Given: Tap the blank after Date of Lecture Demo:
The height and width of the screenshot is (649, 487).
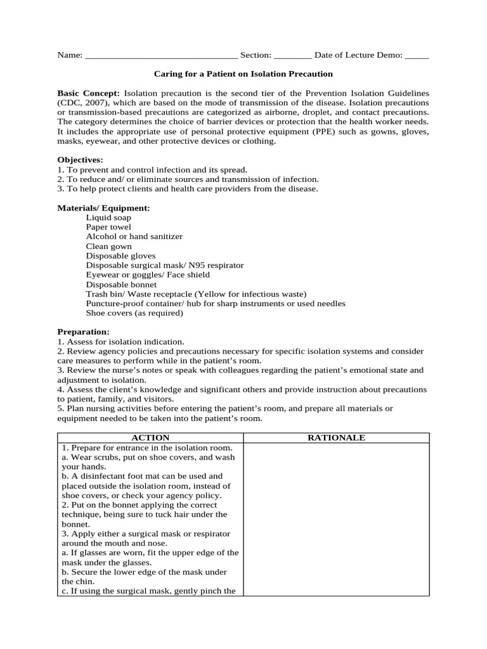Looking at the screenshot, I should pyautogui.click(x=417, y=56).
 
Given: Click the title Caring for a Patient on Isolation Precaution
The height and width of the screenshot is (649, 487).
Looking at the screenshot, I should pyautogui.click(x=243, y=74).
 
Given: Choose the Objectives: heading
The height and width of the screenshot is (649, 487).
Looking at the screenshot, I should pyautogui.click(x=80, y=160).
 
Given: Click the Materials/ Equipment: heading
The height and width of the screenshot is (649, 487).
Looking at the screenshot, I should pyautogui.click(x=103, y=208).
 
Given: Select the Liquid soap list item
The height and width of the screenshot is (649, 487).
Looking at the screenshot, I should pyautogui.click(x=108, y=217).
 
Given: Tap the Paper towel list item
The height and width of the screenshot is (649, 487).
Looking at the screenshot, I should pyautogui.click(x=108, y=227).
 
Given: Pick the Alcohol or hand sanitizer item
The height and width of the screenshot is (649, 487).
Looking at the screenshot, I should pyautogui.click(x=134, y=236).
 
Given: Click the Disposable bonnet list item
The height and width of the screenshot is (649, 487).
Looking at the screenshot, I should pyautogui.click(x=121, y=285).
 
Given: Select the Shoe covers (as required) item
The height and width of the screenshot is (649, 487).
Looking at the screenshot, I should pyautogui.click(x=134, y=313).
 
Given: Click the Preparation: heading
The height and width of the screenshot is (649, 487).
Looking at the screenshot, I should pyautogui.click(x=83, y=331).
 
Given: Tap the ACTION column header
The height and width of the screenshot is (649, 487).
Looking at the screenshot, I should pyautogui.click(x=150, y=438).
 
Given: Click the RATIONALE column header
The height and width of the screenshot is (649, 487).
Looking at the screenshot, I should pyautogui.click(x=336, y=438).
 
